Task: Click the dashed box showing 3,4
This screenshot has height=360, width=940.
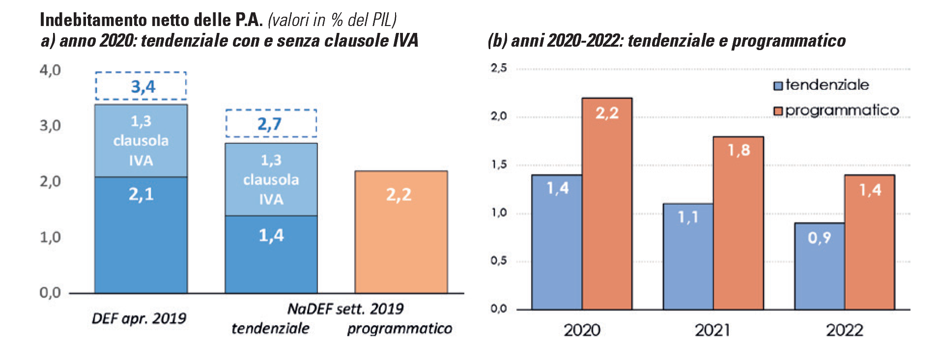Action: coord(141,86)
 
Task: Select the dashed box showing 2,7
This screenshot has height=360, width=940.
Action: coord(271,123)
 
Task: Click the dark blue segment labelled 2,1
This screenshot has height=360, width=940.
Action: coord(141,235)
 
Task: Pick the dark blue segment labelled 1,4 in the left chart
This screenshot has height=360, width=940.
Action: coord(271,254)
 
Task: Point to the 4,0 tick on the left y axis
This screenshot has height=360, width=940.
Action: coord(50,70)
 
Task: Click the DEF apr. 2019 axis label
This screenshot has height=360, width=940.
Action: coord(139,318)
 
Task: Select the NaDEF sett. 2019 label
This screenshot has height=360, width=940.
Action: coord(345,308)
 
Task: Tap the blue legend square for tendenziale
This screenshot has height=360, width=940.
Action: coord(778,86)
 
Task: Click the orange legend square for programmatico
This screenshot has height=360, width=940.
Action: coord(778,111)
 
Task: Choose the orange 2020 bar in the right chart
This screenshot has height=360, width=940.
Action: coord(607,203)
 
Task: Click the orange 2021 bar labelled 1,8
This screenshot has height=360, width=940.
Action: coord(738,223)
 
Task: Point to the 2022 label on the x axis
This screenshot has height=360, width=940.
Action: coord(844,330)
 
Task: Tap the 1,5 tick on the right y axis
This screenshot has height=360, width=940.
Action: coord(499,165)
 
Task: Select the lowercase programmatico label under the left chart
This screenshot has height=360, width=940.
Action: coord(399,328)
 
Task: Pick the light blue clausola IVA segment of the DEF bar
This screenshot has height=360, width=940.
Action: coord(141,140)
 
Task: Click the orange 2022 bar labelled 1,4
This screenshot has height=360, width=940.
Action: coord(869,242)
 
